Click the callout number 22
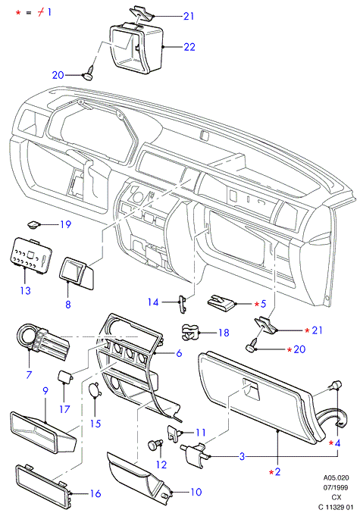(x=189, y=47)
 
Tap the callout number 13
(x=26, y=290)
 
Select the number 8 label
(x=68, y=305)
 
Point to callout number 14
(x=153, y=302)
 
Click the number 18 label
(x=224, y=333)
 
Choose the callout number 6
(x=179, y=353)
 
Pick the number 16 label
(x=95, y=494)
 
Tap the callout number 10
(x=196, y=492)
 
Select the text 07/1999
(x=336, y=487)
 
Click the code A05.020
(x=337, y=477)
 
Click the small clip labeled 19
(x=33, y=225)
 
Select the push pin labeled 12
(x=155, y=445)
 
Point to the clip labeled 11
(x=174, y=433)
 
